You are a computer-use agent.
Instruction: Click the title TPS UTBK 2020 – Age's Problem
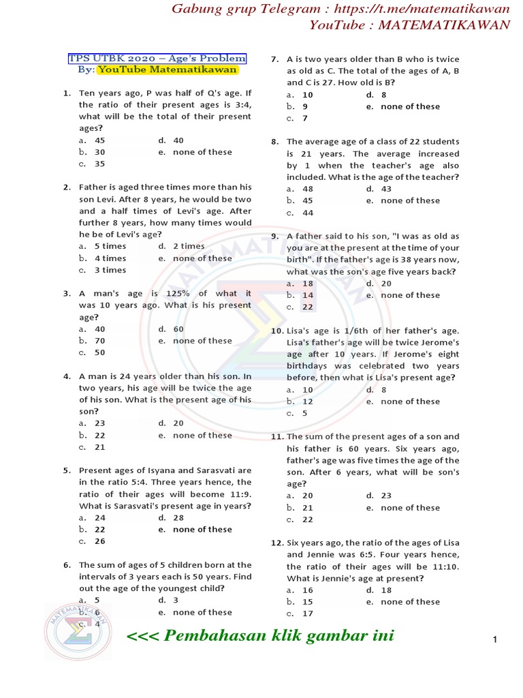coord(157,59)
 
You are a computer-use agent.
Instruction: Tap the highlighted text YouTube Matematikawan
coord(167,70)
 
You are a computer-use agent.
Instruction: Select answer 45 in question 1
coord(99,140)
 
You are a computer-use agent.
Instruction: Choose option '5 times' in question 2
coord(110,246)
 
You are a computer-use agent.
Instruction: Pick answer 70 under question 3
coord(99,341)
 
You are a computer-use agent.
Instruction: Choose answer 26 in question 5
coord(99,541)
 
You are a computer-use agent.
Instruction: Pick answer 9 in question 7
coord(305,106)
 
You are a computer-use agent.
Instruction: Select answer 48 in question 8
coord(308,189)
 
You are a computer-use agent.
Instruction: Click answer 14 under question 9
coord(308,295)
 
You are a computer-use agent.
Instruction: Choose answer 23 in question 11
coord(386,496)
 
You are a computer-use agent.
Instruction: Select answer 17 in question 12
coord(308,613)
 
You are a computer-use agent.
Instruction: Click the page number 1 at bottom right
coord(495,639)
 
